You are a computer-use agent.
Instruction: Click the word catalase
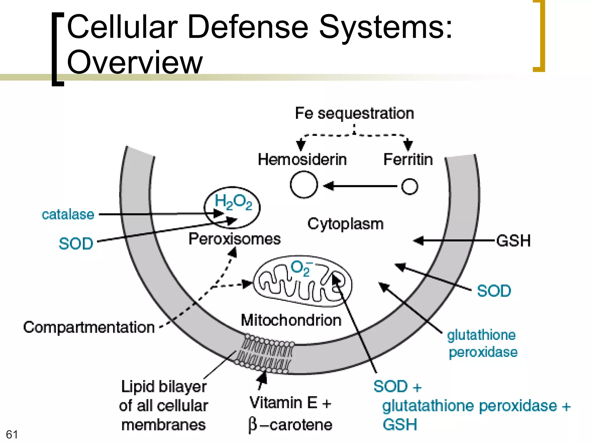click(68, 214)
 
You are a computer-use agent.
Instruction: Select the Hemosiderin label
click(302, 160)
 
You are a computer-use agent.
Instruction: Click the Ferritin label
click(408, 160)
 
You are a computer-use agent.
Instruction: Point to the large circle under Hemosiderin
click(304, 184)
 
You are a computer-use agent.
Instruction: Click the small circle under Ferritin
click(410, 186)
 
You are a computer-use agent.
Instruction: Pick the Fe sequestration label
click(354, 113)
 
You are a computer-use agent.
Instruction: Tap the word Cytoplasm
click(345, 224)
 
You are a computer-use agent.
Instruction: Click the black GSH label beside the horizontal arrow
click(514, 241)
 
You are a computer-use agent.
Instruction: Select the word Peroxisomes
click(234, 239)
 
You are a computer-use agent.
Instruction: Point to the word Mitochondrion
click(291, 320)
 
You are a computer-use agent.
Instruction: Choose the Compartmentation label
click(89, 327)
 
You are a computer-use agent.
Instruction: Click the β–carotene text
click(290, 425)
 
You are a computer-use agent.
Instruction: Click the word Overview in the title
click(135, 62)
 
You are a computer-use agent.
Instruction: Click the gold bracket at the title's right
click(539, 36)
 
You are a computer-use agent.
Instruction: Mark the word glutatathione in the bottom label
click(430, 406)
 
